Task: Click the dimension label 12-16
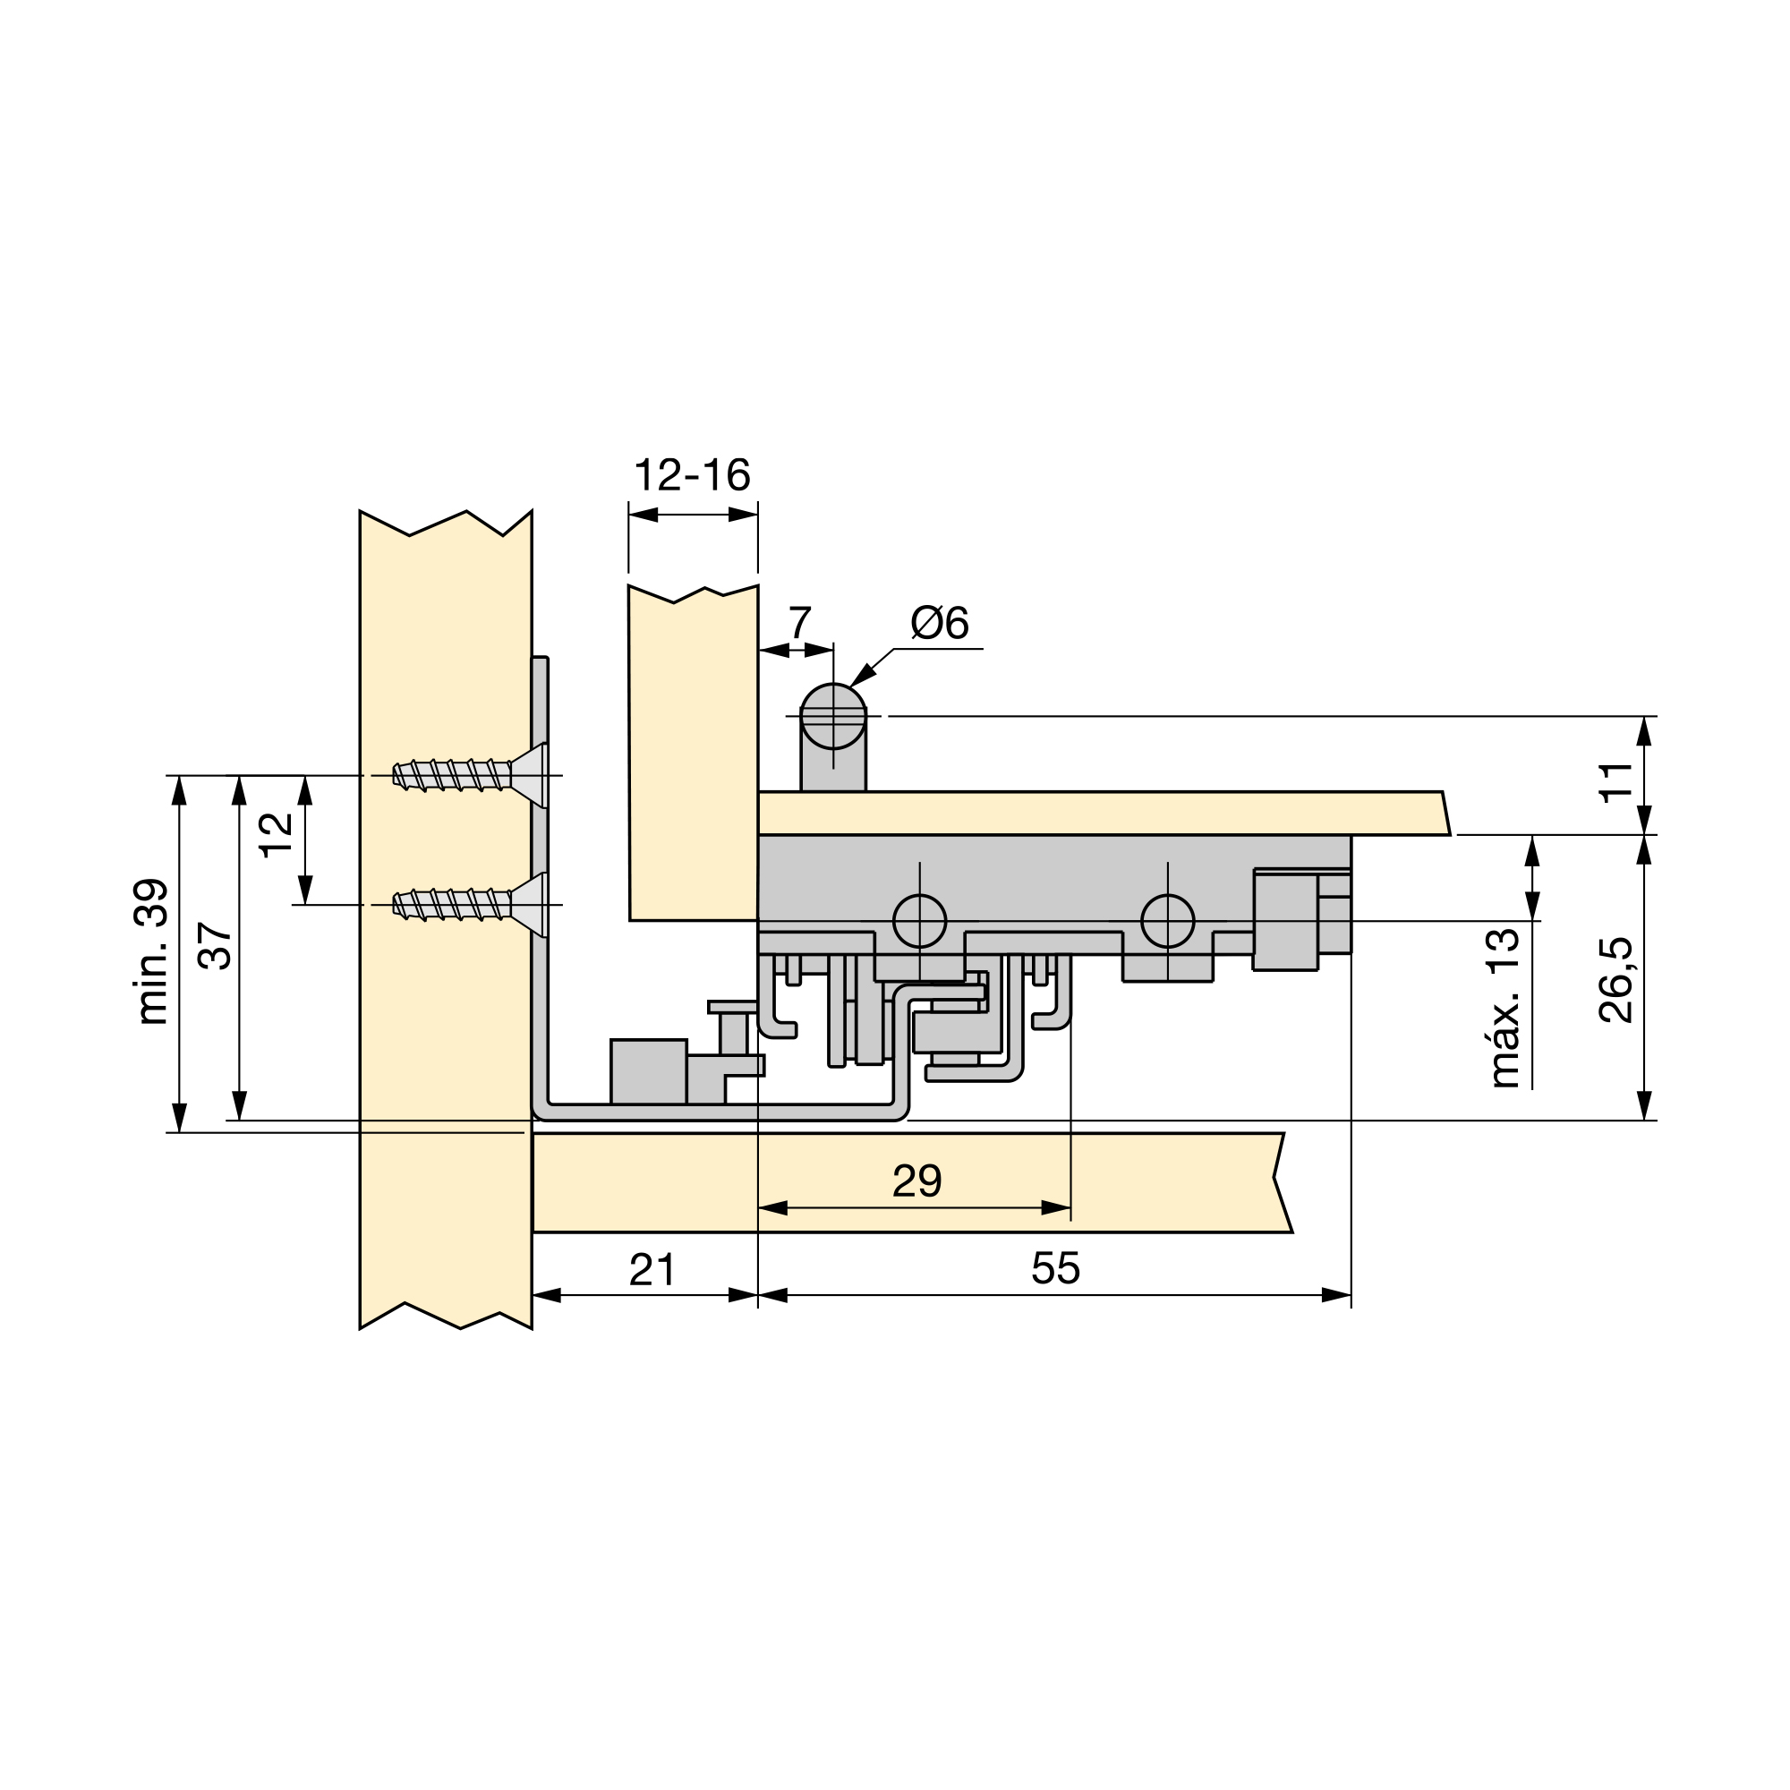692,475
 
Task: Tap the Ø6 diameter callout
940,623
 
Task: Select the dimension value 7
799,623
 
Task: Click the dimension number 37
216,946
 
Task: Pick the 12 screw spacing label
276,836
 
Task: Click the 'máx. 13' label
1504,1008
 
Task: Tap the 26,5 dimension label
1615,980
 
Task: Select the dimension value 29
917,1181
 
